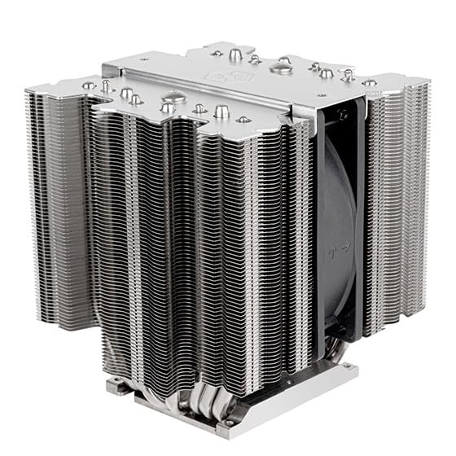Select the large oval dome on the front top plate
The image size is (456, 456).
pos(167,107)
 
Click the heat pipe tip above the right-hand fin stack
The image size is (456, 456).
pos(369,82)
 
